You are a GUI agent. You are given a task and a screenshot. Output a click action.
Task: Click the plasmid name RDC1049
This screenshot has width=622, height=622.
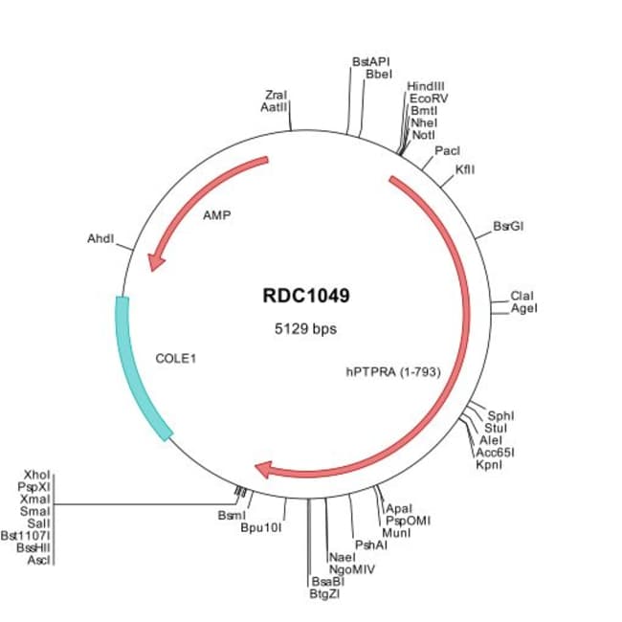tap(306, 296)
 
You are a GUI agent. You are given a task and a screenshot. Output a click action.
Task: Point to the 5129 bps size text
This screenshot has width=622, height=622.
tap(306, 328)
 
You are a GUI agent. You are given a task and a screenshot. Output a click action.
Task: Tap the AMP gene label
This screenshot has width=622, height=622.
tap(217, 215)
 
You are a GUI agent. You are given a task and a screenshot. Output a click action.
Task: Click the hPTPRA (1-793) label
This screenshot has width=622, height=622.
tap(392, 371)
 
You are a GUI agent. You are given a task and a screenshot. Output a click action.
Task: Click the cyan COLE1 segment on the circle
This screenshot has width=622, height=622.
tap(140, 368)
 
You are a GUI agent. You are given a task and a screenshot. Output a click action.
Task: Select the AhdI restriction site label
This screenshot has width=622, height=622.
tap(101, 237)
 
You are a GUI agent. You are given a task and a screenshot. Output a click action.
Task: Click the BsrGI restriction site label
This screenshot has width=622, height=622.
tap(508, 227)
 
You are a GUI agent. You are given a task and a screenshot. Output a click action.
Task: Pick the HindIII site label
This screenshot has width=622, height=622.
tap(426, 86)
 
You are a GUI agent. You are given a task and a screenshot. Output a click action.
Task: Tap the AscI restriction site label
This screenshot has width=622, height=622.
tap(37, 560)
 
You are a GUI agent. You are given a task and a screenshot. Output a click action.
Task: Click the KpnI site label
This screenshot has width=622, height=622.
tap(490, 463)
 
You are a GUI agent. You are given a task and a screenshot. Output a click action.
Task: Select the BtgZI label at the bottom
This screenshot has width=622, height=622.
tap(325, 593)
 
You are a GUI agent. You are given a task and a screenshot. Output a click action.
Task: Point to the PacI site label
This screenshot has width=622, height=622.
tap(447, 151)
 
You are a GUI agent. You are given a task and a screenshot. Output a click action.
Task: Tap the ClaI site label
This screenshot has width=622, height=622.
tap(522, 296)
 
